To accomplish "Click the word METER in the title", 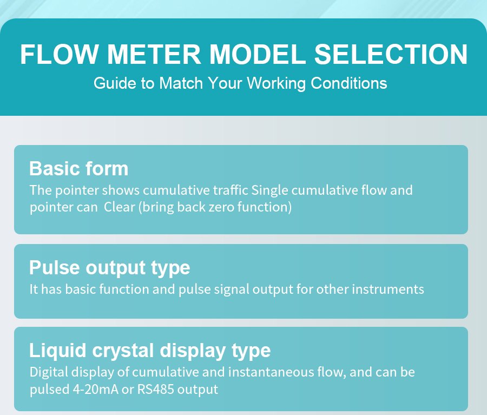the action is pyautogui.click(x=154, y=54).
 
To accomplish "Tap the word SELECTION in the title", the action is pyautogui.click(x=391, y=54).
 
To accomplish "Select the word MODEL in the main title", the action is pyautogui.click(x=258, y=54).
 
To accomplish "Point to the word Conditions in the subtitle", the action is pyautogui.click(x=349, y=83).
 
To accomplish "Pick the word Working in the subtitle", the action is pyautogui.click(x=277, y=84).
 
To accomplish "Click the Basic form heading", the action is pyautogui.click(x=78, y=169).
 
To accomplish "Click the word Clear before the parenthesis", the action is pyautogui.click(x=119, y=207).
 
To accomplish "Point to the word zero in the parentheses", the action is pyautogui.click(x=221, y=207).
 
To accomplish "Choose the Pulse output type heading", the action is pyautogui.click(x=109, y=268).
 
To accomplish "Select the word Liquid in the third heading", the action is pyautogui.click(x=57, y=351).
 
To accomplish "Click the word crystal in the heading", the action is pyautogui.click(x=123, y=351).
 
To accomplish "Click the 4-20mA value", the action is pyautogui.click(x=95, y=389).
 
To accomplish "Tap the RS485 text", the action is pyautogui.click(x=156, y=389).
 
